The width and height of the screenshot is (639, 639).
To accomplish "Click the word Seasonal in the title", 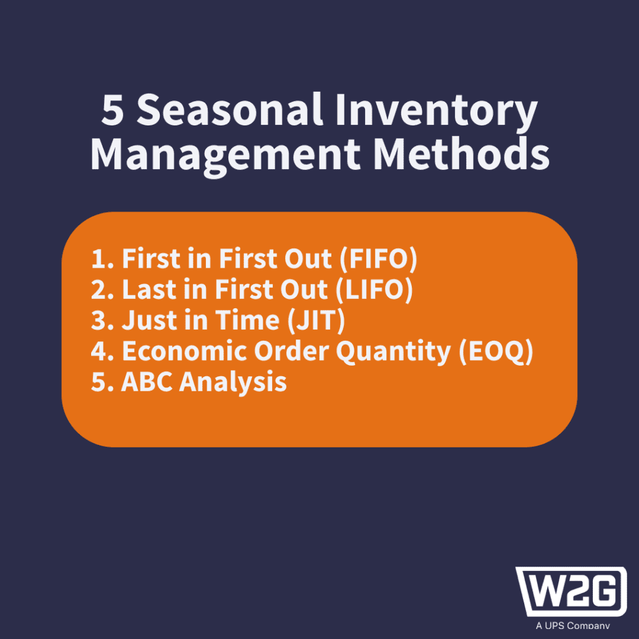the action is tap(230, 110).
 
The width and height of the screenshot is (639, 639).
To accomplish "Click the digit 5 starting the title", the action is tap(112, 110).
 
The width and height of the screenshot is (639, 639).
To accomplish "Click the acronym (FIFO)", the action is tap(378, 259).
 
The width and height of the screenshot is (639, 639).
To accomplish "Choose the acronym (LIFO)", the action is tap(374, 290).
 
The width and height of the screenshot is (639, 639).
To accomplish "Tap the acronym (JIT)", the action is tap(316, 320).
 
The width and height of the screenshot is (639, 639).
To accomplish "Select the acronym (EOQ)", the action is tap(496, 351).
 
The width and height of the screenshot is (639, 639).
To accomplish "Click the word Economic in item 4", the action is tap(185, 351).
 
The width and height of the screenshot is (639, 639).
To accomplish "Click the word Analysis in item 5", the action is tap(233, 383).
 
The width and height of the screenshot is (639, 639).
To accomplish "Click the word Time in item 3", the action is tap(247, 320).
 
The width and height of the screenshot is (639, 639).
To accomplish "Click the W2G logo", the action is tap(572, 592).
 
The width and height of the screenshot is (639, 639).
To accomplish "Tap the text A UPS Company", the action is tap(573, 625).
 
